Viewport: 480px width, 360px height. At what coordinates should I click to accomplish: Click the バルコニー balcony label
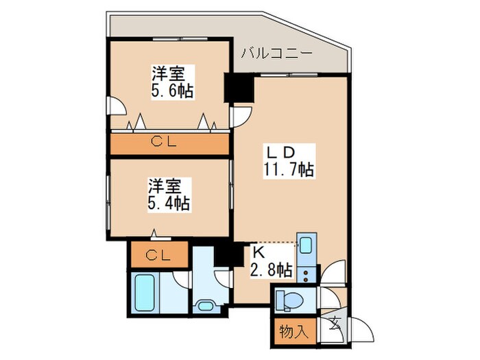point(276,53)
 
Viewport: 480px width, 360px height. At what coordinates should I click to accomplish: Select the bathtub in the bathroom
point(149,291)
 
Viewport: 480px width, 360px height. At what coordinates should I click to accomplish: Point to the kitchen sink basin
point(306,245)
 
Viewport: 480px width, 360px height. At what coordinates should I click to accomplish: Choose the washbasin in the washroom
point(204,305)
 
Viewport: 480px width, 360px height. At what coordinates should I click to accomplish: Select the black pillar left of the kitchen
point(224,254)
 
